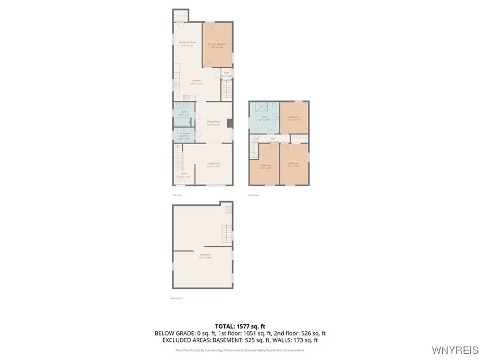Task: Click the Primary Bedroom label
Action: tap(217, 45)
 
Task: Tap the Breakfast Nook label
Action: tap(187, 44)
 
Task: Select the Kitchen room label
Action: tap(197, 82)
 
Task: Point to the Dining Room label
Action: tap(214, 123)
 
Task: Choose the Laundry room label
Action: tap(184, 137)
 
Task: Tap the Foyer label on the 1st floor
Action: tap(183, 175)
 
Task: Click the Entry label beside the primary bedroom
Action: tap(227, 74)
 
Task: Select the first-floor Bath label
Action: tap(183, 114)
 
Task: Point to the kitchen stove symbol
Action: tap(186, 99)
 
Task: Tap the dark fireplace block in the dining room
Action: tap(230, 123)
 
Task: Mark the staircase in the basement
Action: tap(227, 233)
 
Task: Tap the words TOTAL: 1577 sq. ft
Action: tap(239, 325)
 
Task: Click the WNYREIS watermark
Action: tap(455, 351)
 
